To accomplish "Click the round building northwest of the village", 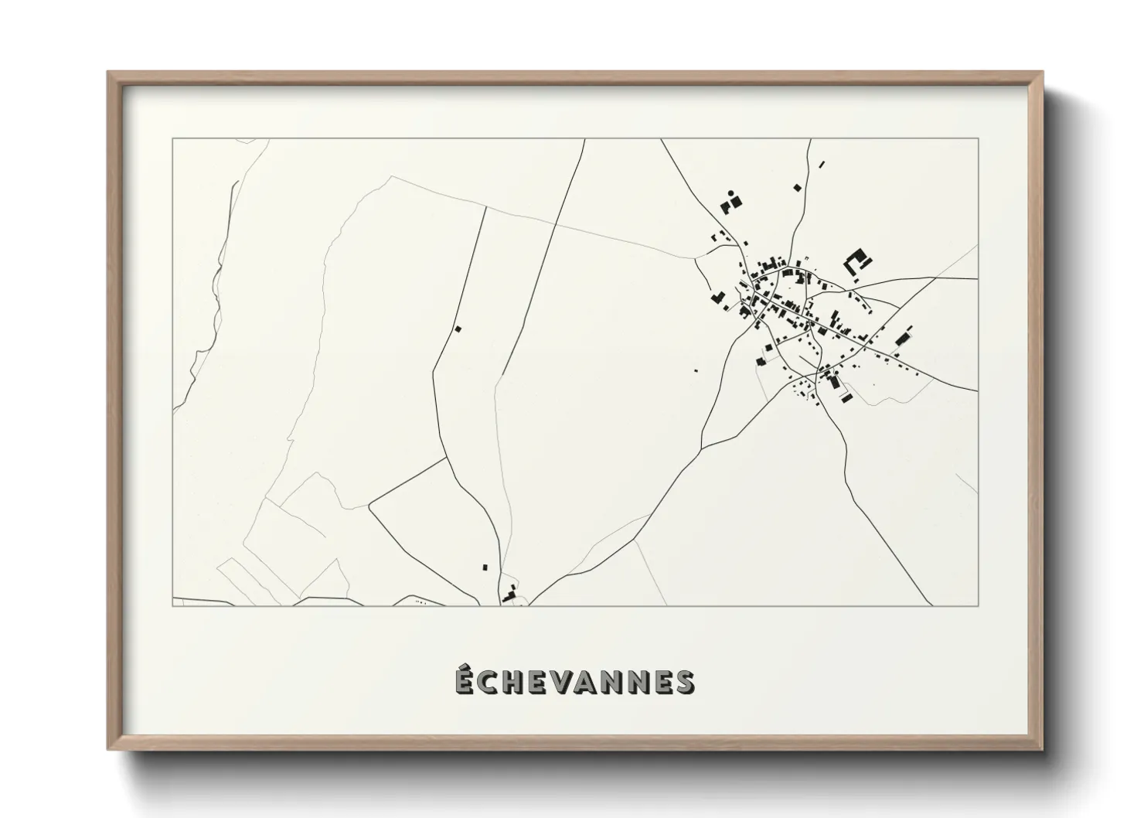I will pyautogui.click(x=731, y=193).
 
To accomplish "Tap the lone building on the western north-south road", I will pyautogui.click(x=458, y=329).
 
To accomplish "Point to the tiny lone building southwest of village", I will pyautogui.click(x=695, y=370).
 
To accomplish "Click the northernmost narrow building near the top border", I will pyautogui.click(x=822, y=164).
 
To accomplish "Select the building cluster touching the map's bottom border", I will pyautogui.click(x=509, y=595).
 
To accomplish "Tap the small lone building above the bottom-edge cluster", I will pyautogui.click(x=485, y=567).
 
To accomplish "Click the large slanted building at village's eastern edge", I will pyautogui.click(x=901, y=339).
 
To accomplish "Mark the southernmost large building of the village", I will pyautogui.click(x=848, y=398).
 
